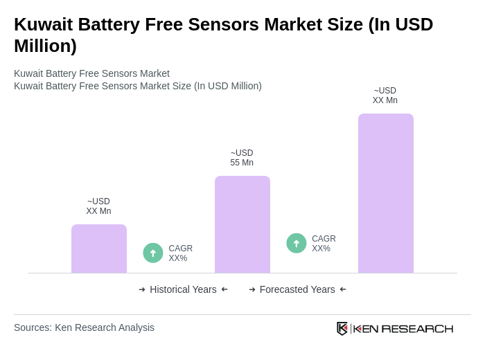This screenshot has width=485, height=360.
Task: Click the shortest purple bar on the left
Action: click(99, 249)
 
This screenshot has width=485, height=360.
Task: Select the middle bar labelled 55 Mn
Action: click(242, 224)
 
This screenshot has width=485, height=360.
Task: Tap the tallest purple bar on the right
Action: click(386, 193)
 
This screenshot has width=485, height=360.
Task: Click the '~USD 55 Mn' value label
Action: click(242, 158)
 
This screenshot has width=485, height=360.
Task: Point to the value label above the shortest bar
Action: click(98, 206)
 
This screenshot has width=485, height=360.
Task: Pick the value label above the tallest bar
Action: click(385, 96)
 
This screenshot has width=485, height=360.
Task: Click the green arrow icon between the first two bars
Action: click(153, 253)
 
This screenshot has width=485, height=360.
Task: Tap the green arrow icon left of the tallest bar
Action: click(297, 243)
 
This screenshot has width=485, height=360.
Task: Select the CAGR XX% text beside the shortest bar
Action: click(180, 253)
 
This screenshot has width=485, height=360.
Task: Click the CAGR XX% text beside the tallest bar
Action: click(324, 244)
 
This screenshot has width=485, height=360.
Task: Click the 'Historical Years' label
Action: click(183, 289)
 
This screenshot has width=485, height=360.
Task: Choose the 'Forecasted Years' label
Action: click(297, 289)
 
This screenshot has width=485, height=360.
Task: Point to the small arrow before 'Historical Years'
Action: click(142, 289)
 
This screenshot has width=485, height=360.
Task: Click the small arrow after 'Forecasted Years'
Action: click(343, 289)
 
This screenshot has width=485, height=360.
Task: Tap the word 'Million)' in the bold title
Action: click(45, 46)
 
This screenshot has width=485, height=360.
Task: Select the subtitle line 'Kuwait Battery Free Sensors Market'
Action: click(91, 73)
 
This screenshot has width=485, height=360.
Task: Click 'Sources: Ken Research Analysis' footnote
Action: click(84, 327)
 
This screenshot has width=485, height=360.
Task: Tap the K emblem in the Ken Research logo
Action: click(342, 328)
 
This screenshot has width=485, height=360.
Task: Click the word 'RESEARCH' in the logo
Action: click(417, 328)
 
